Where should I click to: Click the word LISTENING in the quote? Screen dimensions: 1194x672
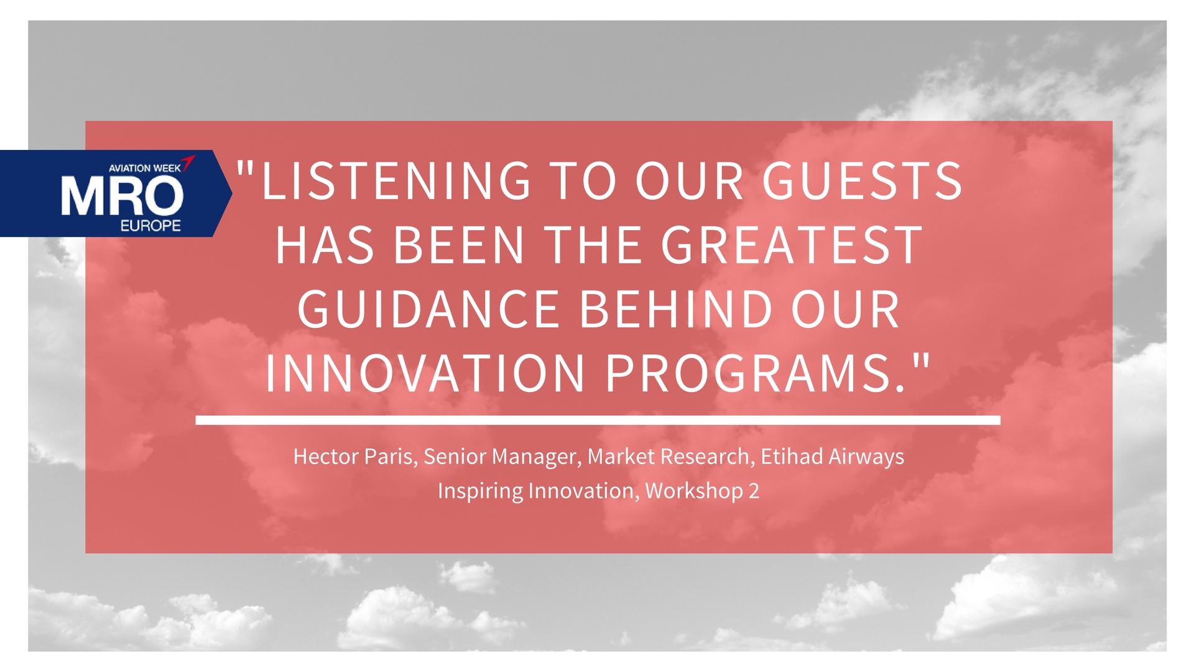397,180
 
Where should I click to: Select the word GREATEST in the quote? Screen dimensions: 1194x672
790,245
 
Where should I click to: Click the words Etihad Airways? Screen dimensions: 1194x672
833,457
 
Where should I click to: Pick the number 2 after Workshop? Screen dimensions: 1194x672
754,492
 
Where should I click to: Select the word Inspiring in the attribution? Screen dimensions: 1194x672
480,492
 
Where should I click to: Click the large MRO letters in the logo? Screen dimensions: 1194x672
122,195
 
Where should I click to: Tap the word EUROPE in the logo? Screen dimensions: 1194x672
153,225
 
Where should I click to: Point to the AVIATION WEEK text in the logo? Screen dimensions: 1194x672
145,168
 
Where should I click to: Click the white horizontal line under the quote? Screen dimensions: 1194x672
598,421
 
